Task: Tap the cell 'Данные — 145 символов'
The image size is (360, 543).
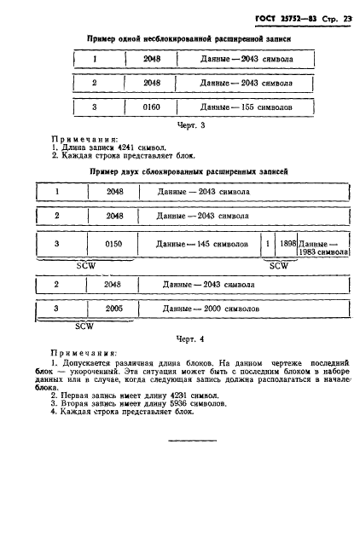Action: [x=202, y=245]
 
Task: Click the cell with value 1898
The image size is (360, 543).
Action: [x=288, y=245]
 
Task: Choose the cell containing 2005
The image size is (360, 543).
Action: [x=115, y=309]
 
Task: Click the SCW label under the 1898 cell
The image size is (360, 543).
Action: [x=279, y=264]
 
